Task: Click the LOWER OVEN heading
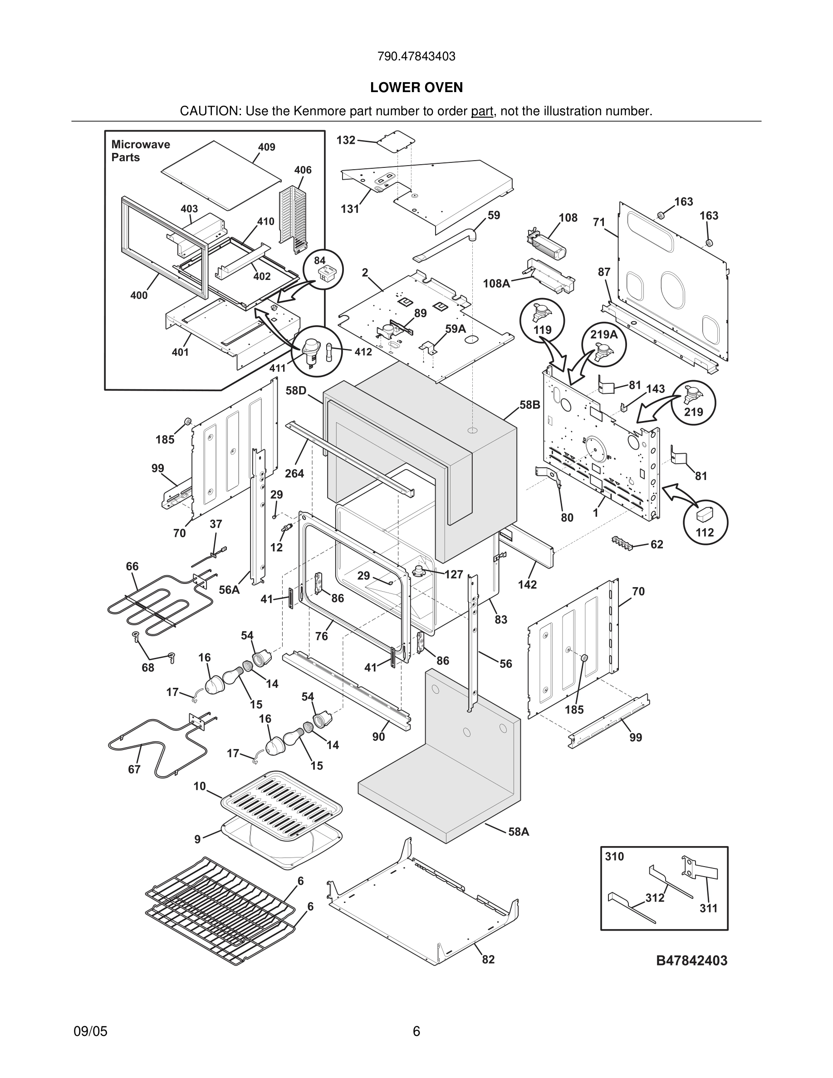click(416, 88)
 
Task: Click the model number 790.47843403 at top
click(416, 56)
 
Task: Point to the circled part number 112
click(704, 532)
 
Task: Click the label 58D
click(296, 391)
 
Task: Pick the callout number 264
click(294, 473)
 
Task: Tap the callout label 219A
click(603, 335)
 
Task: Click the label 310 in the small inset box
click(614, 857)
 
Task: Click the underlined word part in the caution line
click(482, 111)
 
